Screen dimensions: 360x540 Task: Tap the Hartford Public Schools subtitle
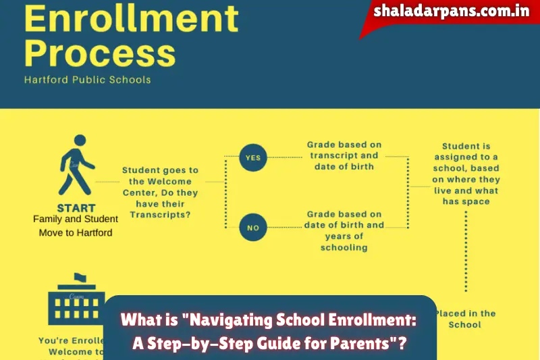pos(88,80)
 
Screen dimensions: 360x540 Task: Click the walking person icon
pos(76,165)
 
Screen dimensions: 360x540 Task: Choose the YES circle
pos(252,158)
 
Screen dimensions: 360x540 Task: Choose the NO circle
pos(252,228)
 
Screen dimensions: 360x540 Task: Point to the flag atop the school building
pos(80,278)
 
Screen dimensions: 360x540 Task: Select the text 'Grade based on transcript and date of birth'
pos(344,155)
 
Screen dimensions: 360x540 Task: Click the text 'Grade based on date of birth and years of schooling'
pos(344,230)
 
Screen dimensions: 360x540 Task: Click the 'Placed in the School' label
pos(466,319)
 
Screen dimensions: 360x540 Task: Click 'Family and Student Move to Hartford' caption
pos(75,226)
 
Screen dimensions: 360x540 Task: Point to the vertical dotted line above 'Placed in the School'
pos(466,250)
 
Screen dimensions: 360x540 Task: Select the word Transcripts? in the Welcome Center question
pos(160,214)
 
